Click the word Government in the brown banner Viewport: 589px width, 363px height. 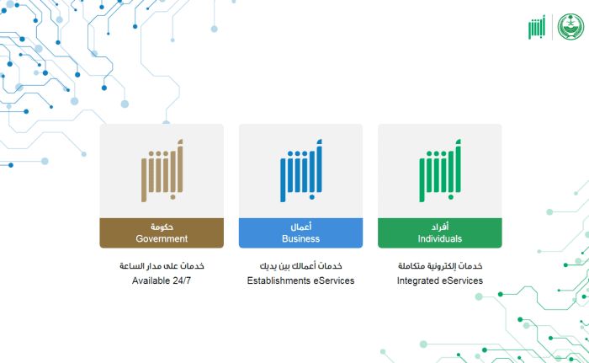pos(162,238)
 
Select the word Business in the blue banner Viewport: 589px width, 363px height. pos(300,238)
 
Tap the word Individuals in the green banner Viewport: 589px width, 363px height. pos(439,238)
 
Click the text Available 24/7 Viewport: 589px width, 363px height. pos(162,280)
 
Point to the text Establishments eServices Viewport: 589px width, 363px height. pos(300,280)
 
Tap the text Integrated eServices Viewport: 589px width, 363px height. pos(439,280)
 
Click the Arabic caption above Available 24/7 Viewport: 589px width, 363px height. pos(162,266)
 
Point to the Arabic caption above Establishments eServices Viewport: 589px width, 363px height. pos(300,266)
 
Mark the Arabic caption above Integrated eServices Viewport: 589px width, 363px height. pos(439,266)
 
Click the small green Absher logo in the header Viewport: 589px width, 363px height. pos(536,26)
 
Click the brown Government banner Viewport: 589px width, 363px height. pos(162,233)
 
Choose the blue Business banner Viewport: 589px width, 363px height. pos(300,233)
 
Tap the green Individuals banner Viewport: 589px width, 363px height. pos(439,233)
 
